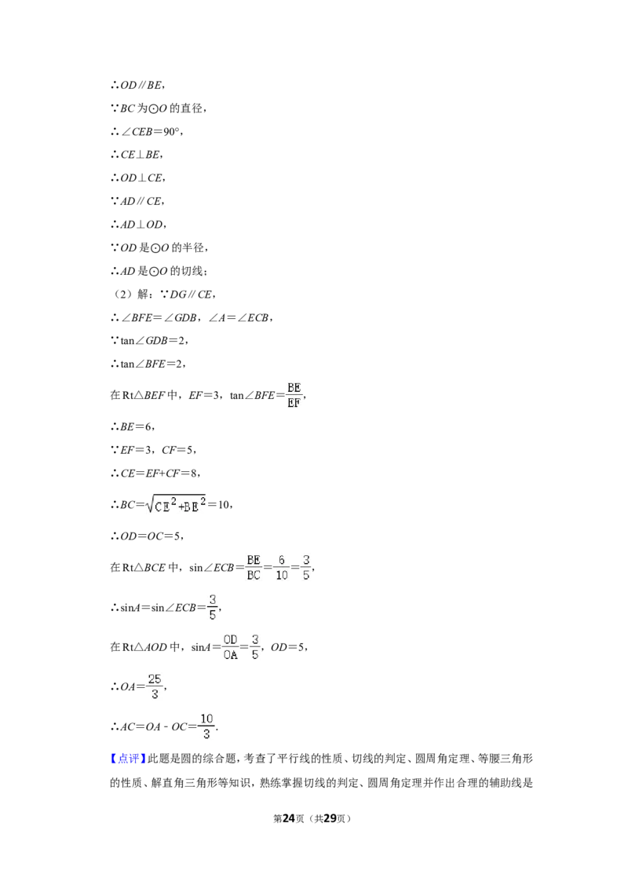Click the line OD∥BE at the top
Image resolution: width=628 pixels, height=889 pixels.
coord(137,86)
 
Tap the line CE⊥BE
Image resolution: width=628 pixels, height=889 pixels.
coord(137,155)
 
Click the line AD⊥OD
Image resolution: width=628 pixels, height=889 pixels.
coord(138,225)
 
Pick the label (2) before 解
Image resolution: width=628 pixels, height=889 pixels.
coord(123,295)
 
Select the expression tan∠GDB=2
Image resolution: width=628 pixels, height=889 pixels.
coord(152,341)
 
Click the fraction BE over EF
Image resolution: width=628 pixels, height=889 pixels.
coord(294,395)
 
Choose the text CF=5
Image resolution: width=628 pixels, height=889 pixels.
coord(178,450)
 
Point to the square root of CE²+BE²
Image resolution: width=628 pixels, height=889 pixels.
coord(175,504)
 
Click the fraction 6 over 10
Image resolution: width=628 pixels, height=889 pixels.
coord(282,568)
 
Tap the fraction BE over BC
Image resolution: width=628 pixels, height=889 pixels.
coord(254,568)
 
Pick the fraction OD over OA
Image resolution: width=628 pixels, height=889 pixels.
coord(230,647)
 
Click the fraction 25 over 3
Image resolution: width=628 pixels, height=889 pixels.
coord(155,686)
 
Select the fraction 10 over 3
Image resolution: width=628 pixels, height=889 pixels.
coord(206,726)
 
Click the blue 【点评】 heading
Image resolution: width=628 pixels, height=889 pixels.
coord(128,759)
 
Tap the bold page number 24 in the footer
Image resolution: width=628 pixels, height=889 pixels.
coord(289,818)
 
